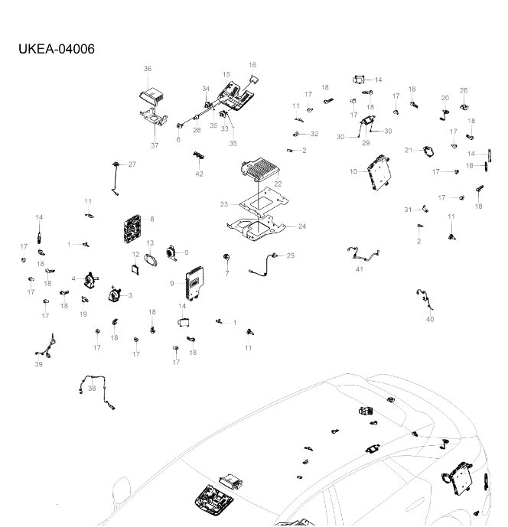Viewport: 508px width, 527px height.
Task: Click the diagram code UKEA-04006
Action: click(57, 50)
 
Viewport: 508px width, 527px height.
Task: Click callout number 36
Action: click(148, 69)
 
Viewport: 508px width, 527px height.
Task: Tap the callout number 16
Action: click(252, 65)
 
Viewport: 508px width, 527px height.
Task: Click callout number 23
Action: click(224, 204)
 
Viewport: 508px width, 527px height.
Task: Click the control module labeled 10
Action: click(380, 172)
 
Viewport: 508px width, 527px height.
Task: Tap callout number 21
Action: click(409, 150)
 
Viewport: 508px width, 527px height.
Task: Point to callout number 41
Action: click(360, 270)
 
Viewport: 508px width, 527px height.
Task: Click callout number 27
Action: click(132, 164)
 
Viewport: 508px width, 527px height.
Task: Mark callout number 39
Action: click(38, 365)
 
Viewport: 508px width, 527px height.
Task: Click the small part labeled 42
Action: click(199, 155)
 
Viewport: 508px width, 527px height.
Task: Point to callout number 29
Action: click(366, 143)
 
